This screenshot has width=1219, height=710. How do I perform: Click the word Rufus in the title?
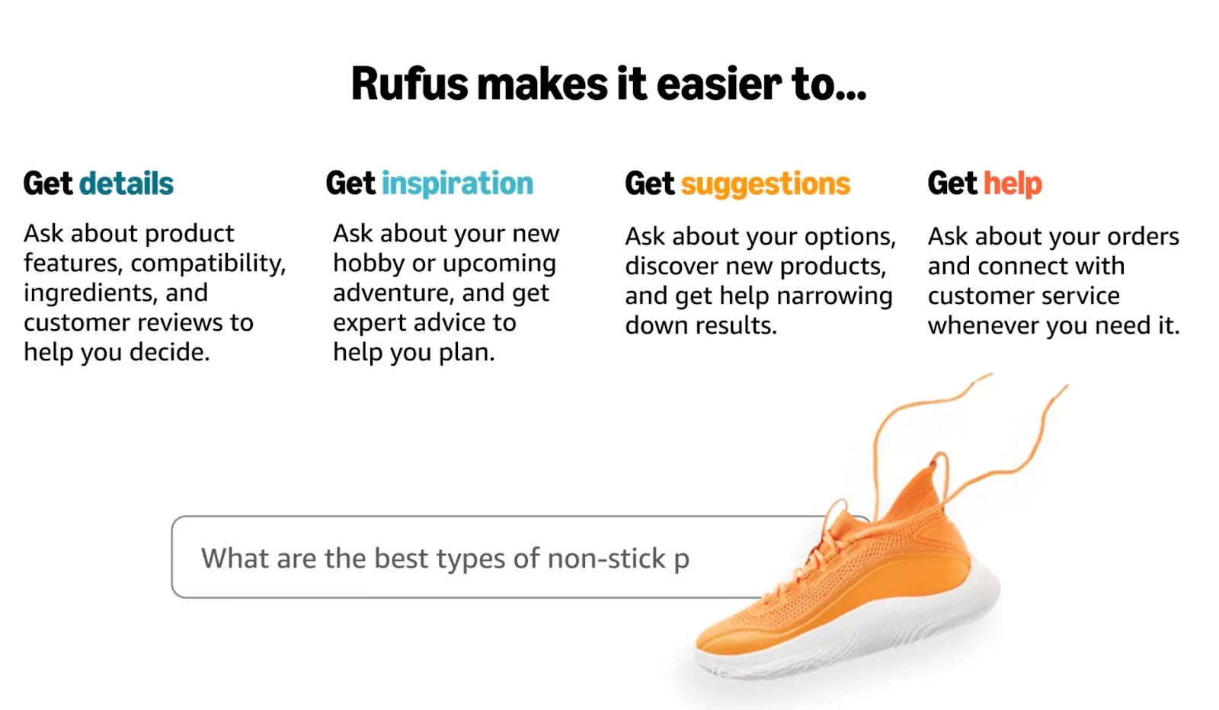tap(408, 84)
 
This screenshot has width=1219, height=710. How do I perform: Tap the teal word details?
tap(126, 184)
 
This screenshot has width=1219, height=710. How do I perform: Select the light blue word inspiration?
tap(457, 184)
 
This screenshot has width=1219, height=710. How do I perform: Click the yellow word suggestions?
tap(765, 184)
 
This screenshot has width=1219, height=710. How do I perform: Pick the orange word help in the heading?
tap(1013, 184)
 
